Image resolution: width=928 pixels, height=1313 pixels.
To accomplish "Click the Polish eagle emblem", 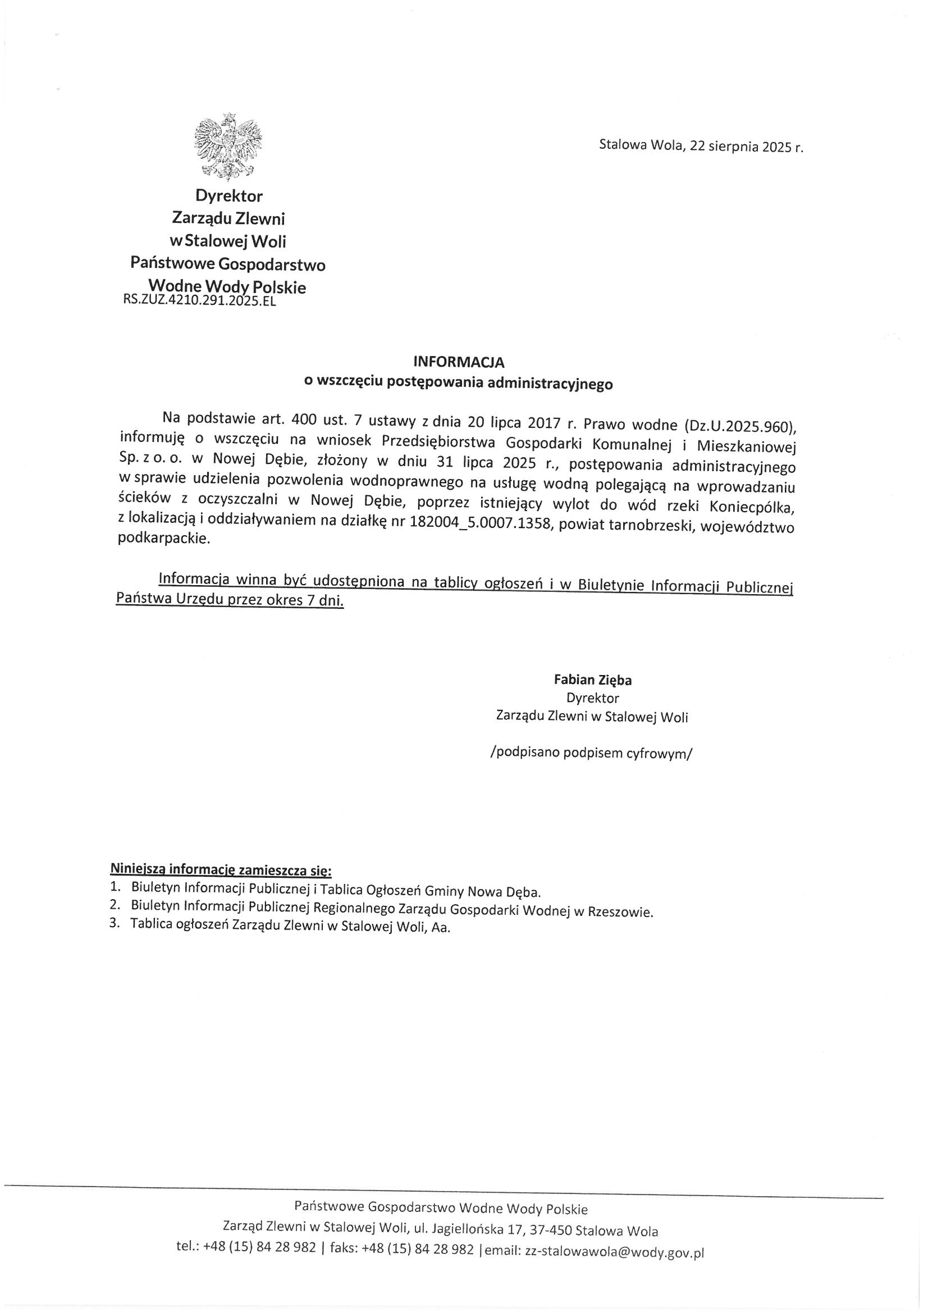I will click(x=228, y=146).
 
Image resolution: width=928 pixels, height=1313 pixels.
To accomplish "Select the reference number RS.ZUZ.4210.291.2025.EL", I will click(x=199, y=302).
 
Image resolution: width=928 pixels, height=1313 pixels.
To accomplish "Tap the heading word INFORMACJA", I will click(x=459, y=362).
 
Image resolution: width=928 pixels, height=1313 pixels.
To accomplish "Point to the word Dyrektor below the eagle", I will click(x=229, y=196).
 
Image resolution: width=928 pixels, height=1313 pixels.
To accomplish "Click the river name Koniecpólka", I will click(x=752, y=507).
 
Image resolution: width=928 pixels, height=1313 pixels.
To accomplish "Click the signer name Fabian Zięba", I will click(x=592, y=680).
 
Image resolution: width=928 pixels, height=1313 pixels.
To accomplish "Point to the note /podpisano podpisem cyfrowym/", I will click(x=591, y=753).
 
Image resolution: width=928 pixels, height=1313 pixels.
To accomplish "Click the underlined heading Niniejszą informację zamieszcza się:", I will click(x=221, y=871).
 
